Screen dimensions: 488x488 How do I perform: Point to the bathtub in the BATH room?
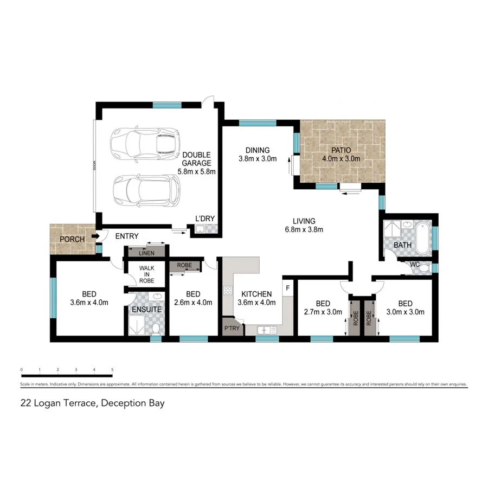click(422, 237)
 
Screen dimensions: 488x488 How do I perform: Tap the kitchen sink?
click(265, 329)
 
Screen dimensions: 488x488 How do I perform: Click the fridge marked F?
click(287, 286)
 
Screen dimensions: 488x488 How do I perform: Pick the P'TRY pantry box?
click(232, 329)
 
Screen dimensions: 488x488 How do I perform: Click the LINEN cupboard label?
click(146, 253)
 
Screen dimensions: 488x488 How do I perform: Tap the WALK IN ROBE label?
click(146, 274)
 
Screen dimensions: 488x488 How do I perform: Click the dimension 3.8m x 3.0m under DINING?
click(258, 159)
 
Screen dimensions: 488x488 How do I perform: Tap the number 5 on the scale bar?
click(112, 370)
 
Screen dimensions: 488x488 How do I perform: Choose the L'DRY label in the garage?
click(206, 219)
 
